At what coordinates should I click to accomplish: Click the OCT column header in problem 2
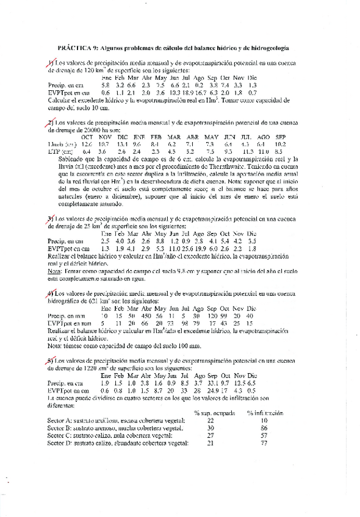pos(87,137)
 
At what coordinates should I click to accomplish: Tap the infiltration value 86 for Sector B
pos(265,427)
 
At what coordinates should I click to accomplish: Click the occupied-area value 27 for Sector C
pos(211,435)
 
